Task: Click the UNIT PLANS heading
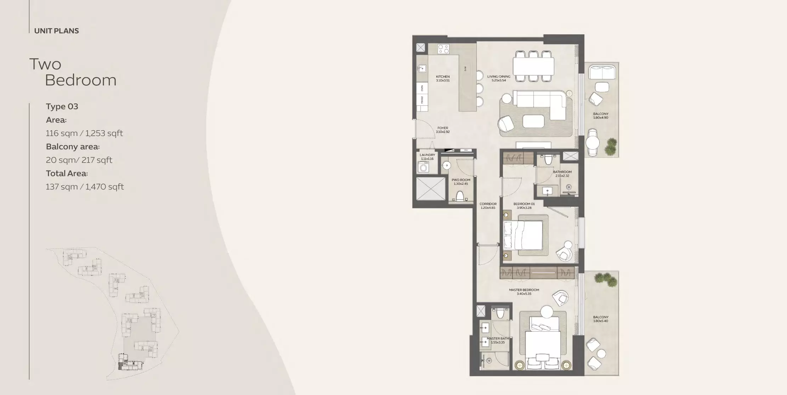56,31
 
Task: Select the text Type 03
62,107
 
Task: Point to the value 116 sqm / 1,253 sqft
84,133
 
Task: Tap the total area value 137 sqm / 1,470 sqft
85,187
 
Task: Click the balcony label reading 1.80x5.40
601,319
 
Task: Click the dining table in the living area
533,66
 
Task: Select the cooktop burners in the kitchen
443,49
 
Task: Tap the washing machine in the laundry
423,167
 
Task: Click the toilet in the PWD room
460,196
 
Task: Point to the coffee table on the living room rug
533,121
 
